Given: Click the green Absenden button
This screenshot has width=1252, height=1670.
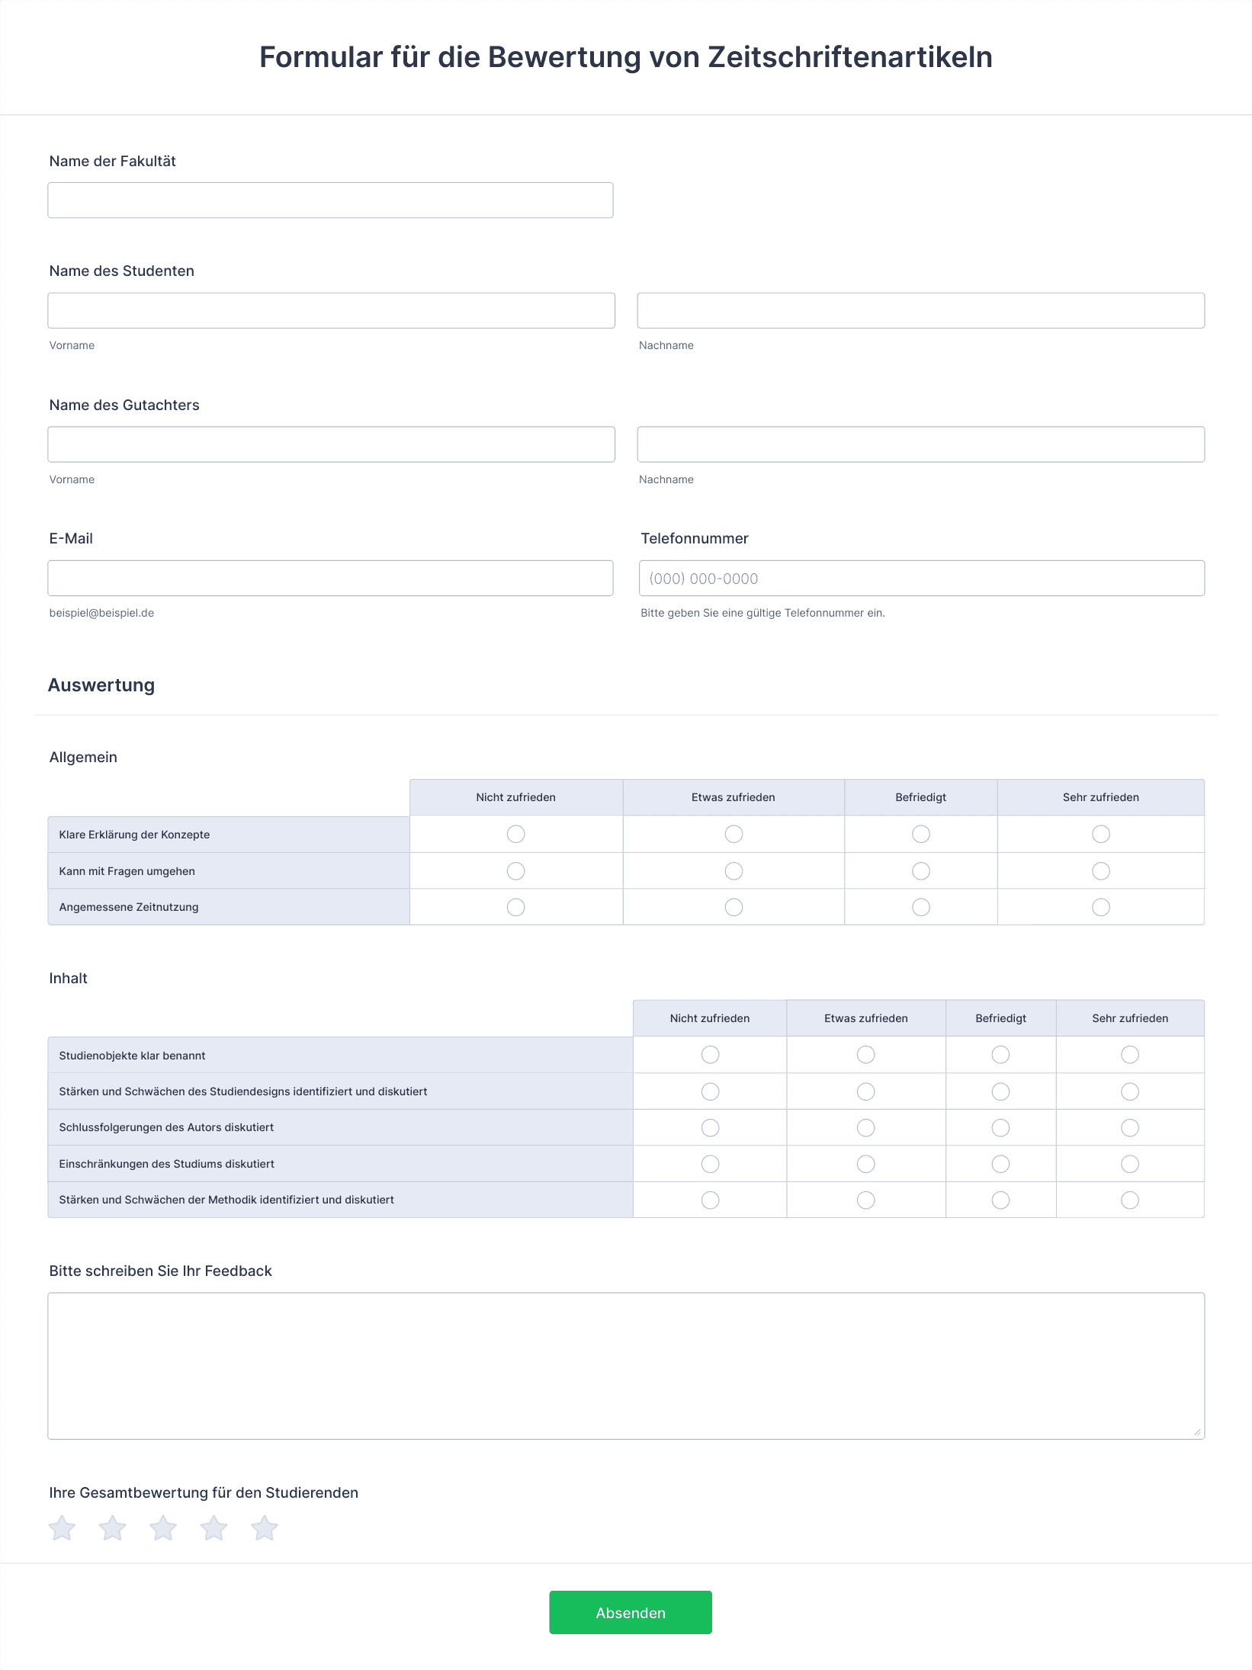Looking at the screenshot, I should click(x=630, y=1612).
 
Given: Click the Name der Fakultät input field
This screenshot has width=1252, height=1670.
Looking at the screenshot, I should click(x=330, y=200).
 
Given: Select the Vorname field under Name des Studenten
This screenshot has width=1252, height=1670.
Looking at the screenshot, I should click(x=331, y=311).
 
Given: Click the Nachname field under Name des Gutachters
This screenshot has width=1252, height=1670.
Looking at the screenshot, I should click(x=920, y=444).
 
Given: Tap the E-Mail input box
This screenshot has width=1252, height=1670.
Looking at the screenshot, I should click(x=330, y=579).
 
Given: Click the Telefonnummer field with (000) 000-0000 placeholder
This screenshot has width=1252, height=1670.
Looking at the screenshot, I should click(x=921, y=579).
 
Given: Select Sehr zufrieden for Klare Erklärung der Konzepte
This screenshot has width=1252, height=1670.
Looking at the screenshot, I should click(x=1100, y=834).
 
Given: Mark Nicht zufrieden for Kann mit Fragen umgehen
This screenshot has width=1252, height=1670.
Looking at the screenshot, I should click(x=515, y=870).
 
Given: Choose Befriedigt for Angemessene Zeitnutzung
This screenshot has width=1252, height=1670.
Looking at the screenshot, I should click(x=920, y=907).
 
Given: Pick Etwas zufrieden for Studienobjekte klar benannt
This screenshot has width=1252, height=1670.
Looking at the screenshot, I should click(x=865, y=1055).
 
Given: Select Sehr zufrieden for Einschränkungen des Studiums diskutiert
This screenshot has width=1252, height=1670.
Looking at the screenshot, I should click(x=1129, y=1164).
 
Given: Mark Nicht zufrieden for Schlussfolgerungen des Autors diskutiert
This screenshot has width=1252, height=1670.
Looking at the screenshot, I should click(x=710, y=1128).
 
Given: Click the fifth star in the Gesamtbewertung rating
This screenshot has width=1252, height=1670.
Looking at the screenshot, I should click(x=264, y=1528).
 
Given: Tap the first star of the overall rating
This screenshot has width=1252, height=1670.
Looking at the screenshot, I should click(x=62, y=1528).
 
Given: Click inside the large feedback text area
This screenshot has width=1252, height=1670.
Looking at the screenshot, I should click(x=625, y=1365).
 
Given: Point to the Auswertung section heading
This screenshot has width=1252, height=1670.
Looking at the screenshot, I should click(x=101, y=685).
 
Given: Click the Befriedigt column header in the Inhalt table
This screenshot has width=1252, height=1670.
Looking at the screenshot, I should click(x=1000, y=1018).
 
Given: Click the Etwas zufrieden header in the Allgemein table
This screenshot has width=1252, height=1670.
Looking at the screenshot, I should click(x=733, y=797).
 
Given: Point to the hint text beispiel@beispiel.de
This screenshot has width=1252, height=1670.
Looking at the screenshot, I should click(x=101, y=613).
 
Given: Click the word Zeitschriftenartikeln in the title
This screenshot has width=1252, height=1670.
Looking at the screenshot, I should click(x=849, y=57).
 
